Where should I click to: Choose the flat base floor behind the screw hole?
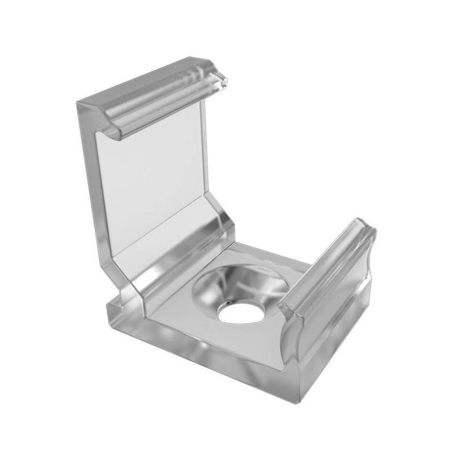click(x=262, y=255)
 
